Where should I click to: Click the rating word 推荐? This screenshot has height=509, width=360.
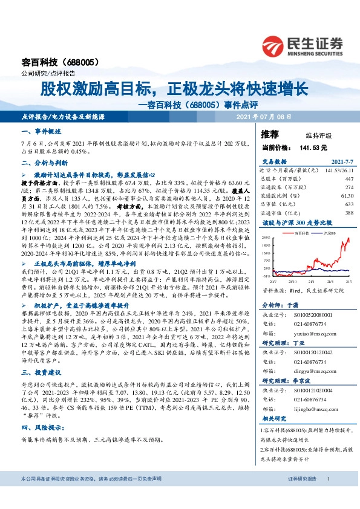[270, 134]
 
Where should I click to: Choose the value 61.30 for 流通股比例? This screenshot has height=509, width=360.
[346, 196]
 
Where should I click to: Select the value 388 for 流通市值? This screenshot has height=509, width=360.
[348, 213]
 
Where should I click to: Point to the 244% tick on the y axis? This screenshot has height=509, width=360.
[266, 239]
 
